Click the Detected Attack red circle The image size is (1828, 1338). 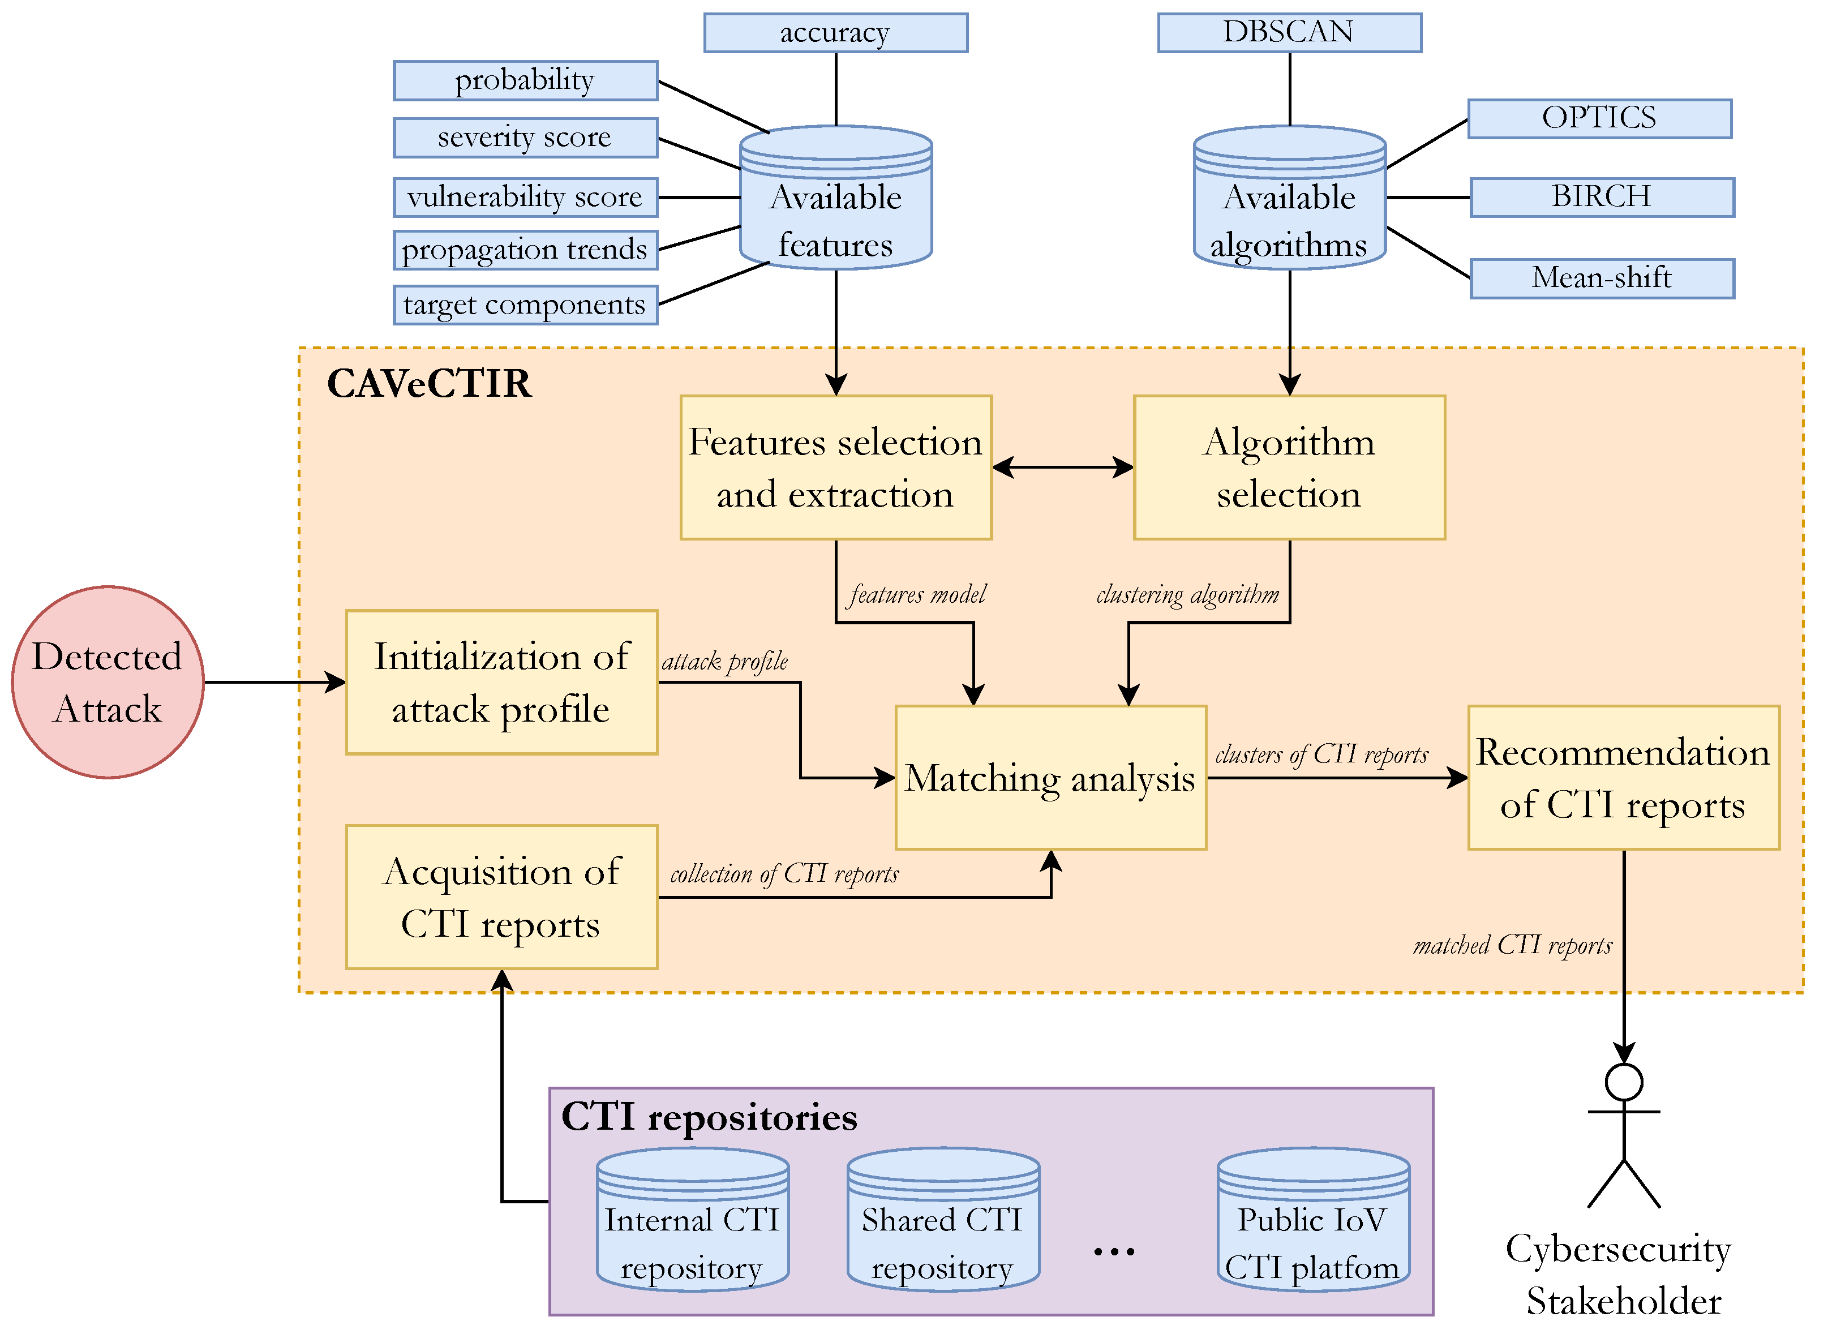[107, 682]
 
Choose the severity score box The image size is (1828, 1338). [525, 137]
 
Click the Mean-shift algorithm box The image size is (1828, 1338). [1601, 278]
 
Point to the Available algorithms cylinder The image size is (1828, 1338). [1289, 199]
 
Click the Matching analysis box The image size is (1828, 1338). [1050, 778]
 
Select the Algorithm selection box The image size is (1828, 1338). [1289, 468]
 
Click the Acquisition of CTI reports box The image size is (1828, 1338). [501, 897]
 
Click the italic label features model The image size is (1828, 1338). [917, 594]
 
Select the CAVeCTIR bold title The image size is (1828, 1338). [428, 384]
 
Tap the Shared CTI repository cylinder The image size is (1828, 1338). [943, 1219]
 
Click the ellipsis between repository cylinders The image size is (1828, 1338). [1114, 1251]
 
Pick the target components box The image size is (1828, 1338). [525, 305]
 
